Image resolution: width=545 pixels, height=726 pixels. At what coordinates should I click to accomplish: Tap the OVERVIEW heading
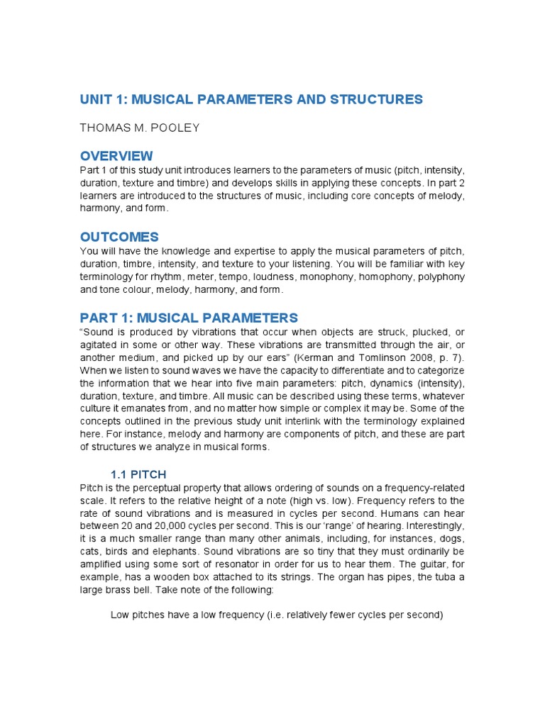click(116, 156)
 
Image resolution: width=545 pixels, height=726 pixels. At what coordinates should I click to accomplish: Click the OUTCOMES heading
click(119, 237)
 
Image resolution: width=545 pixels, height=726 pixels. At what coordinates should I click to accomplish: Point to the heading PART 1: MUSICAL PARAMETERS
click(189, 318)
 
